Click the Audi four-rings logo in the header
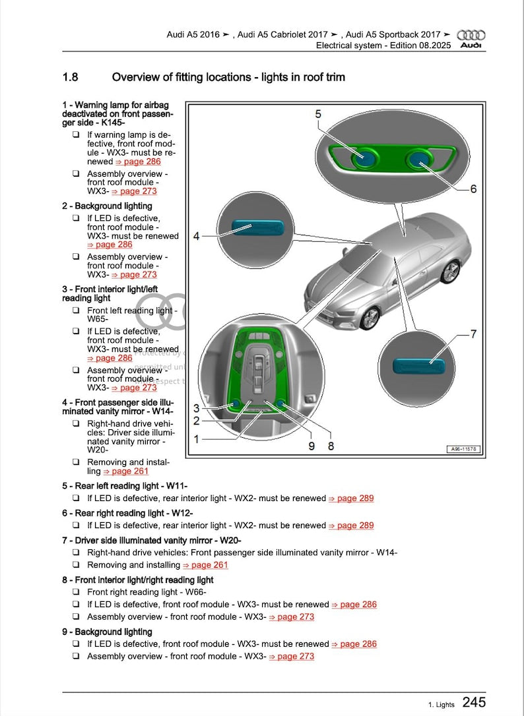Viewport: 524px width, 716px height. coord(471,35)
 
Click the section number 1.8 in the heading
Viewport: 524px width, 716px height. coord(70,77)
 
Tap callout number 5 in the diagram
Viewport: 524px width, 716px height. coord(318,114)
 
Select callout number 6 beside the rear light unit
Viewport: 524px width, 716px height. coord(473,189)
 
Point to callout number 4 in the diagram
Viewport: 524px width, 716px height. coord(196,235)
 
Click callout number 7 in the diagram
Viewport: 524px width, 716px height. coord(473,334)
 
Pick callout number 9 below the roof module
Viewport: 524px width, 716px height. coord(311,446)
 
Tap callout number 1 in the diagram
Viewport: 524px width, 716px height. coord(196,438)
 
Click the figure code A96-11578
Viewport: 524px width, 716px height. coord(464,449)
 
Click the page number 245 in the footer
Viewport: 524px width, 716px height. coord(474,702)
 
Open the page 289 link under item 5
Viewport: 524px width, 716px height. coord(351,498)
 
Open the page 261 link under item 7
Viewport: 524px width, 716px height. coord(205,565)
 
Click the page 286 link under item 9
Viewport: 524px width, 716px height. coord(354,644)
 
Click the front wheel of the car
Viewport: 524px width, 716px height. coord(370,318)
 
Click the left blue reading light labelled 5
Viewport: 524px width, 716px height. coord(364,159)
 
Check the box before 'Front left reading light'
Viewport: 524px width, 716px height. coord(76,311)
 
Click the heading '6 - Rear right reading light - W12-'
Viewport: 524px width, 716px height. coord(127,513)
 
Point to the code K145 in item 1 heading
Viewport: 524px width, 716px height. coord(110,122)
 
